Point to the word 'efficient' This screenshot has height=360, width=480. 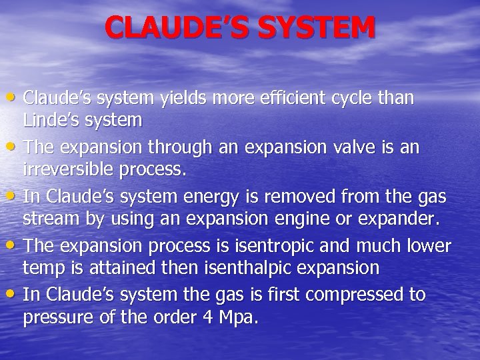pos(297,99)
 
